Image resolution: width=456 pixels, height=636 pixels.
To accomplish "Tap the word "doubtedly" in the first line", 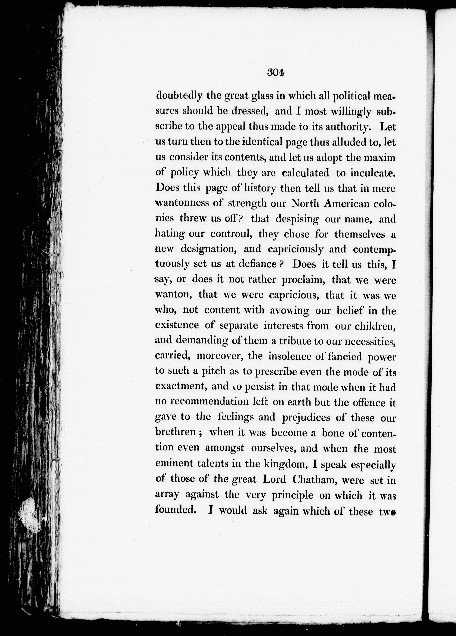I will [x=179, y=96].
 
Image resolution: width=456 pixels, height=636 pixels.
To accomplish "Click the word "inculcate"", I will [x=373, y=173].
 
